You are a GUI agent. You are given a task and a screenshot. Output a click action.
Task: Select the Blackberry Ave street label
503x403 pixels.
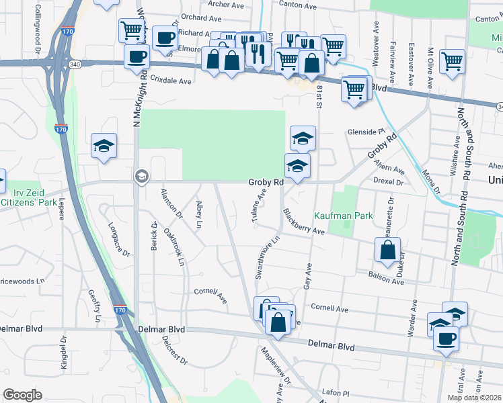[304, 224]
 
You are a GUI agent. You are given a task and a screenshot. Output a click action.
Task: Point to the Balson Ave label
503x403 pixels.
[385, 277]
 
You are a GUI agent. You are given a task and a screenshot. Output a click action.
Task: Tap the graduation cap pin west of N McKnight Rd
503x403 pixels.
[104, 144]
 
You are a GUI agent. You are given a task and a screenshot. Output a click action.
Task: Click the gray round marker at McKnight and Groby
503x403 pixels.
[141, 176]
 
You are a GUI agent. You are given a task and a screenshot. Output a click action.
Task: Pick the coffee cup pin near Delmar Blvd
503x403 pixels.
[445, 339]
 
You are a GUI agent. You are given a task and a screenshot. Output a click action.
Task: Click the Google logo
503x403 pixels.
[23, 394]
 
